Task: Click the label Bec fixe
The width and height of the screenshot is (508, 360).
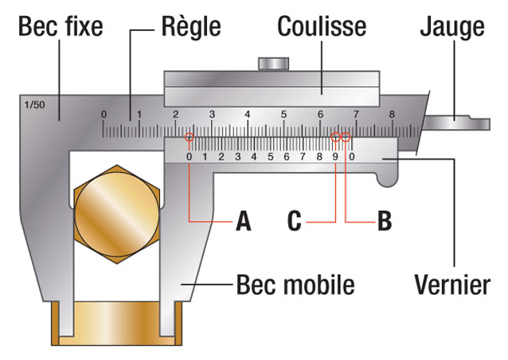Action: click(61, 27)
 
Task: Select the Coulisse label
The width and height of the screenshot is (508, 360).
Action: click(322, 27)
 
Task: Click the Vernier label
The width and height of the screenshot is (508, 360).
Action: click(451, 284)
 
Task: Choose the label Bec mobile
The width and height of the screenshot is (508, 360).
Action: click(295, 284)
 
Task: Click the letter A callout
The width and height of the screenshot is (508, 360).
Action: click(243, 221)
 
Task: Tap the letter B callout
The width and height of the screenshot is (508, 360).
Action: click(384, 221)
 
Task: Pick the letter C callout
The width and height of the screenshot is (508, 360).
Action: click(295, 221)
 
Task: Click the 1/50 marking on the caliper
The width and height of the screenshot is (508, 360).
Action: click(35, 104)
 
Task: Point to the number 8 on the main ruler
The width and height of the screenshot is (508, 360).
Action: click(392, 115)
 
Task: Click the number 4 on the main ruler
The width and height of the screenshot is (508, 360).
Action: click(248, 115)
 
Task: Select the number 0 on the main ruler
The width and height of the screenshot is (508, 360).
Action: click(104, 115)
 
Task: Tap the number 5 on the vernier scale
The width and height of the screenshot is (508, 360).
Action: click(270, 156)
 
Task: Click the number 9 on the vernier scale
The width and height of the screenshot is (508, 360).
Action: click(335, 156)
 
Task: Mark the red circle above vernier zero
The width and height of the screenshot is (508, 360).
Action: click(190, 139)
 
